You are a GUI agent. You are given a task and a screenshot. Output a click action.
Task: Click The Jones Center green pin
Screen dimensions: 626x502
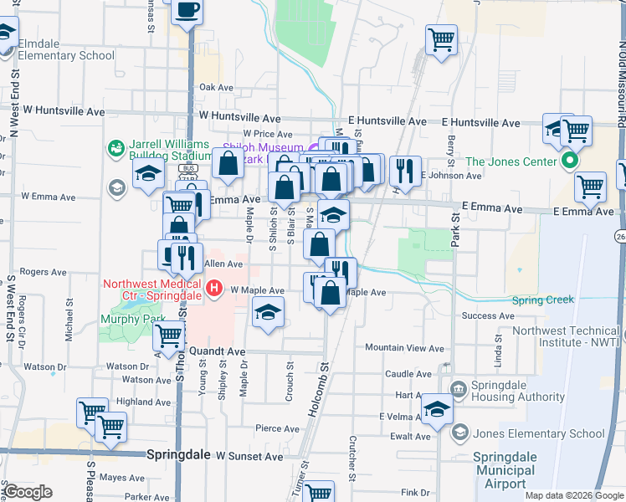pyautogui.click(x=571, y=161)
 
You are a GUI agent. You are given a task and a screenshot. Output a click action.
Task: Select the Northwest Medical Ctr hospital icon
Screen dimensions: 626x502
pyautogui.click(x=214, y=289)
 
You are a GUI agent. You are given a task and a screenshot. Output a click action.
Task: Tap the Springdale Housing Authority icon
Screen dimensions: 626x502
pyautogui.click(x=458, y=389)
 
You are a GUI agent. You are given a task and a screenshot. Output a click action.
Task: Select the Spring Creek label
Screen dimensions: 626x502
pyautogui.click(x=541, y=300)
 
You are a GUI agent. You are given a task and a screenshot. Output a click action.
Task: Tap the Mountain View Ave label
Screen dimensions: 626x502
pyautogui.click(x=404, y=347)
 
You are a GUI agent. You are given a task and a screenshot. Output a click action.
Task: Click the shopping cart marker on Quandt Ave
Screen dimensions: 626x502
pyautogui.click(x=169, y=336)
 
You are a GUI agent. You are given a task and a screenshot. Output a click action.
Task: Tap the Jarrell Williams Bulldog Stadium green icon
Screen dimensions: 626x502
pyautogui.click(x=115, y=149)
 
